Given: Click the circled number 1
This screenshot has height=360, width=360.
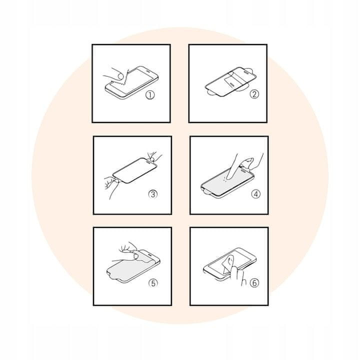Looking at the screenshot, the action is click(150, 95).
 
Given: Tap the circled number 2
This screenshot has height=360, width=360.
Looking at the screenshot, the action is click(254, 94).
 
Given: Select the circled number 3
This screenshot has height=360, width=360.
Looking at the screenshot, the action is click(153, 194).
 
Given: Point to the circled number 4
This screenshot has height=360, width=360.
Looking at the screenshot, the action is click(256, 194).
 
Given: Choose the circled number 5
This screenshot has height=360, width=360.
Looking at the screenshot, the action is click(153, 283).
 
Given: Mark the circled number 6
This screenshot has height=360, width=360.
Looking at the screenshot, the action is click(254, 282).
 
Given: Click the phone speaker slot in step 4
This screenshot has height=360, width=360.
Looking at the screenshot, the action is click(243, 170).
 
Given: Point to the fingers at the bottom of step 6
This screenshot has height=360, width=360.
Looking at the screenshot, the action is click(237, 275).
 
